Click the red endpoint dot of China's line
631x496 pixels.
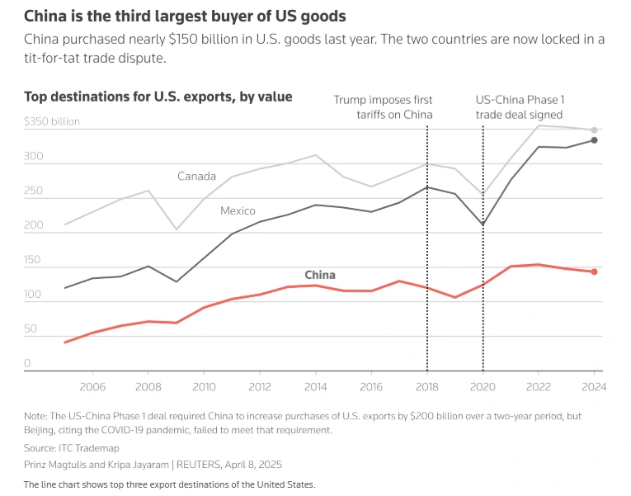(x=594, y=272)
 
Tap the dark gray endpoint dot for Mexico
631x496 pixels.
(x=594, y=140)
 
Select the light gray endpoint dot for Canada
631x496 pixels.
(x=594, y=130)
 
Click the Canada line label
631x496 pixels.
(x=196, y=176)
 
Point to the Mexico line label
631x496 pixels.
(x=238, y=211)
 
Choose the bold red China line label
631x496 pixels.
(x=320, y=275)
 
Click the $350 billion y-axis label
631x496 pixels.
(x=52, y=121)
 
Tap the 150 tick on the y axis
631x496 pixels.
(x=32, y=261)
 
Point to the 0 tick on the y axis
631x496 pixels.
(x=27, y=363)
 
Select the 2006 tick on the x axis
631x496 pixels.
(x=92, y=386)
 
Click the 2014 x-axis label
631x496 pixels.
(x=315, y=386)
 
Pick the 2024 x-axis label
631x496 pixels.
(x=594, y=386)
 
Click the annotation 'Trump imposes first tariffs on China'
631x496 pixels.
(x=383, y=107)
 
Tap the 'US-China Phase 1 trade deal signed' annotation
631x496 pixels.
(x=520, y=107)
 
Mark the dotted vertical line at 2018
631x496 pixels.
(x=427, y=248)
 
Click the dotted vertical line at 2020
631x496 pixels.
(x=483, y=248)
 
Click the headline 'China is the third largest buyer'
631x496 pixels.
(x=185, y=16)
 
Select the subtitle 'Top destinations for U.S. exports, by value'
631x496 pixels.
(x=158, y=97)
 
